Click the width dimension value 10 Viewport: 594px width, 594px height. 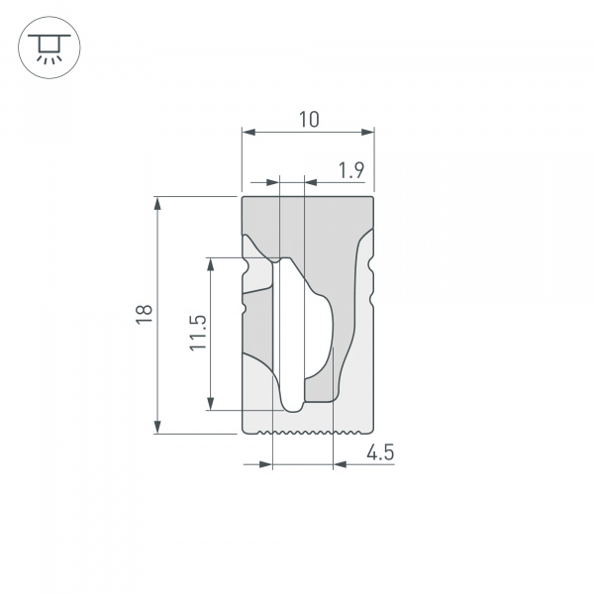(x=308, y=120)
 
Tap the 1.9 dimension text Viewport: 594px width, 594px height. (x=350, y=170)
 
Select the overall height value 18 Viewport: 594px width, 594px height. (x=145, y=315)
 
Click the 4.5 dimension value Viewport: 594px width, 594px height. (x=380, y=453)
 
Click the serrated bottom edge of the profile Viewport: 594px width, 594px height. (x=308, y=434)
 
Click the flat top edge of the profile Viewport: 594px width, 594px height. (x=308, y=197)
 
